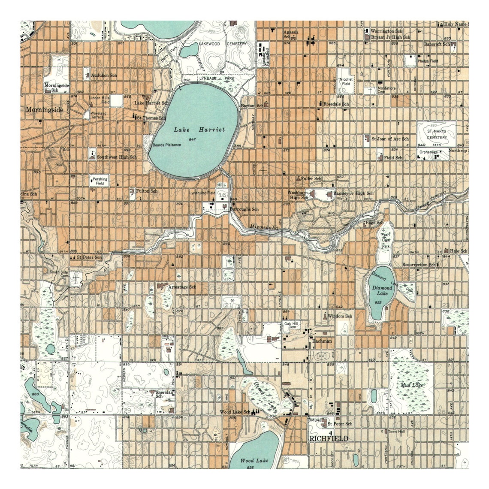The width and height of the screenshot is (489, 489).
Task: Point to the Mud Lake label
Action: click(411, 385)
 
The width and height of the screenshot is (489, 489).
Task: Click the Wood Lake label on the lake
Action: click(254, 461)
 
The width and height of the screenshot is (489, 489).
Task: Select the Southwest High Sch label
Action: click(116, 157)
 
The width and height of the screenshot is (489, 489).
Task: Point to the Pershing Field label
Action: click(99, 181)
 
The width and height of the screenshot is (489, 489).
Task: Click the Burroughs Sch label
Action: click(244, 209)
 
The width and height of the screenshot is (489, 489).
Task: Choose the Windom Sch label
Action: click(340, 316)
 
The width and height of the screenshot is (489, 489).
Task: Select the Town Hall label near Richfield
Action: click(396, 432)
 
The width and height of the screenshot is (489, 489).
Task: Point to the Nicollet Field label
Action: click(346, 81)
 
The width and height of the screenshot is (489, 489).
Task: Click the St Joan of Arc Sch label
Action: click(390, 139)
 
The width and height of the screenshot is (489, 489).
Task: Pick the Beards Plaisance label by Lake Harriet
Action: click(167, 145)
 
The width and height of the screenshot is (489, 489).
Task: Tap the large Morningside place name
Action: click(45, 110)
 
